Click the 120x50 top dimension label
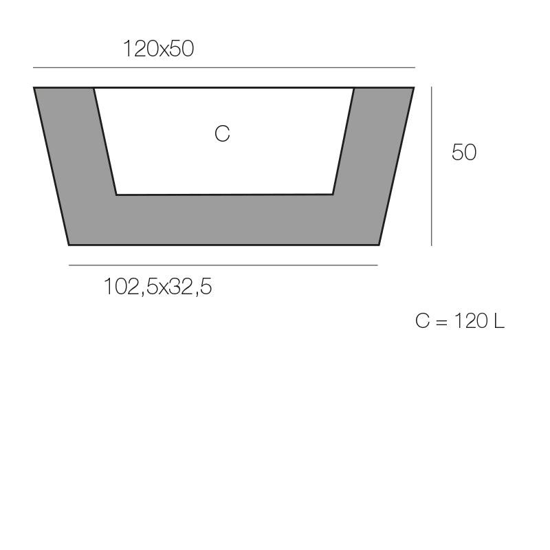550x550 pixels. pyautogui.click(x=158, y=49)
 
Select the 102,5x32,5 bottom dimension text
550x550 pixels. pyautogui.click(x=157, y=286)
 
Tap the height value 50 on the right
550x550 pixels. pyautogui.click(x=464, y=153)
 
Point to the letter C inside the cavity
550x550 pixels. pyautogui.click(x=222, y=133)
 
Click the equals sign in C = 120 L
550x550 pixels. pyautogui.click(x=441, y=321)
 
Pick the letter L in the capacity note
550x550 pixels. pyautogui.click(x=499, y=321)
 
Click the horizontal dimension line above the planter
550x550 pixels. pyautogui.click(x=224, y=67)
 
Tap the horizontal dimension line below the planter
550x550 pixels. pyautogui.click(x=223, y=265)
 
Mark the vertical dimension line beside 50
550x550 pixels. pyautogui.click(x=432, y=166)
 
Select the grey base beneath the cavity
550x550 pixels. pyautogui.click(x=224, y=220)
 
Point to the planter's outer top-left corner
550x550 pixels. pyautogui.click(x=34, y=88)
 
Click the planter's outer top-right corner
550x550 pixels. pyautogui.click(x=414, y=88)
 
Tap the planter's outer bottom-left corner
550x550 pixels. pyautogui.click(x=69, y=244)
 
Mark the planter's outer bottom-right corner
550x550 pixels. pyautogui.click(x=379, y=244)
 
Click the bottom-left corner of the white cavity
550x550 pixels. pyautogui.click(x=116, y=195)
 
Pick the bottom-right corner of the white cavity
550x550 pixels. pyautogui.click(x=333, y=194)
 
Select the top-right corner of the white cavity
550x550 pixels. pyautogui.click(x=353, y=89)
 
